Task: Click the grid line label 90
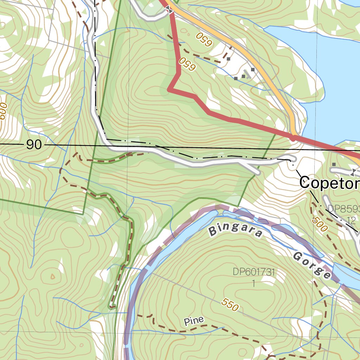(34, 144)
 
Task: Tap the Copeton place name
(329, 183)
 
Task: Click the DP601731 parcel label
(254, 272)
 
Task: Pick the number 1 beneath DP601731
(254, 283)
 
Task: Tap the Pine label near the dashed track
(194, 321)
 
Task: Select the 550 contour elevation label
(230, 305)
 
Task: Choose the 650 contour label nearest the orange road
(204, 39)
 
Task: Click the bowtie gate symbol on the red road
(170, 10)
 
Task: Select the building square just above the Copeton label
(334, 164)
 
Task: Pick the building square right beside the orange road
(253, 70)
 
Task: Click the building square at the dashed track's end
(229, 59)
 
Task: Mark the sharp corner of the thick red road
(169, 90)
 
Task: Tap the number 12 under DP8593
(351, 220)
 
